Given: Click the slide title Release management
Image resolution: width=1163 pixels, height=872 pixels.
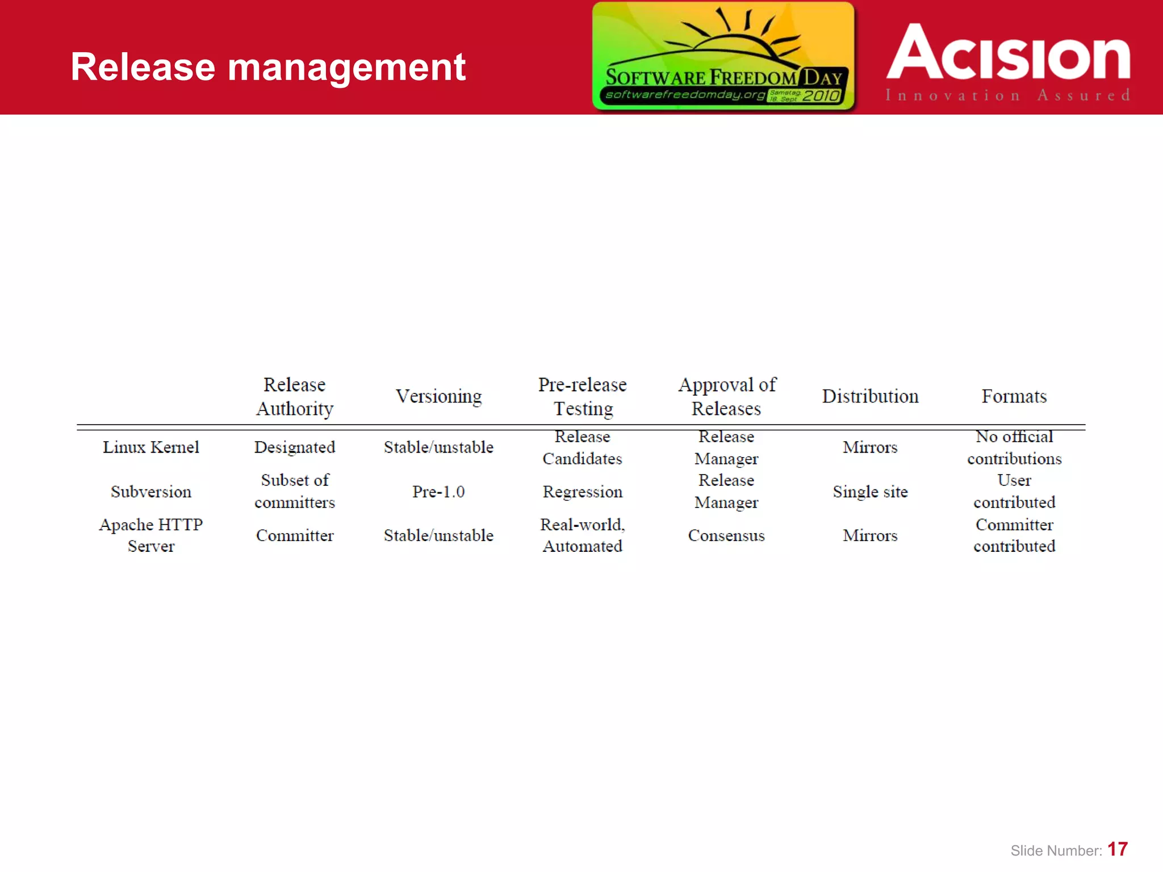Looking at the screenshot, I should (268, 67).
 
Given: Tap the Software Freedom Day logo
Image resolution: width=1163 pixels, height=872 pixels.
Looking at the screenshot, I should (723, 56).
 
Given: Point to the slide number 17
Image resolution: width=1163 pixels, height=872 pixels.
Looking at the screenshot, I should (1117, 849).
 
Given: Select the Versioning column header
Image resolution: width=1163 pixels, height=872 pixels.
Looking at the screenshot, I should (438, 396).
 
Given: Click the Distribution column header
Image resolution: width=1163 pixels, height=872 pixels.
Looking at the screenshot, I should (870, 396).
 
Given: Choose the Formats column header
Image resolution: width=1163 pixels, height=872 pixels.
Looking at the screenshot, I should (1014, 396).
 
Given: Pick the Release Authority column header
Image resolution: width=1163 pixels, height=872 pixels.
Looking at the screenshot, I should (294, 396).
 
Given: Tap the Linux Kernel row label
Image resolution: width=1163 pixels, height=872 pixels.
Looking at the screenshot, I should (150, 447).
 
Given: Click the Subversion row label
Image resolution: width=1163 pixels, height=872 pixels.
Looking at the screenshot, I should (150, 492).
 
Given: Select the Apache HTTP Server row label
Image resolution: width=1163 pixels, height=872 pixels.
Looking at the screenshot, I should (150, 535).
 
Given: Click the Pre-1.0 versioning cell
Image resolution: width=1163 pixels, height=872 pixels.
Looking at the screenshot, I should (438, 492).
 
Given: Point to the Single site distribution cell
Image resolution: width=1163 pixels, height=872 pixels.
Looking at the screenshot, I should (870, 492).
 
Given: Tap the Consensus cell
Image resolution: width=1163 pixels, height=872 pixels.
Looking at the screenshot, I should (726, 535).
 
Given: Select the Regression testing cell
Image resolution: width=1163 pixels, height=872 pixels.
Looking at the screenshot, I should (583, 492).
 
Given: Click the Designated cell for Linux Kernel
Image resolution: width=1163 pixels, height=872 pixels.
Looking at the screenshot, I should (294, 447).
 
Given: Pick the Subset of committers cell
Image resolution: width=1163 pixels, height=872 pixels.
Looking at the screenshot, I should (294, 491).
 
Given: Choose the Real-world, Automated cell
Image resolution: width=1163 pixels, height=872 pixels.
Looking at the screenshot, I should (583, 535).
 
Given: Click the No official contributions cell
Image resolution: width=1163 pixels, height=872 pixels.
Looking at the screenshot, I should (1014, 447).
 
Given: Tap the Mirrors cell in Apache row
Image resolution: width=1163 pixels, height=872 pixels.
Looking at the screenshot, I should (870, 535).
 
